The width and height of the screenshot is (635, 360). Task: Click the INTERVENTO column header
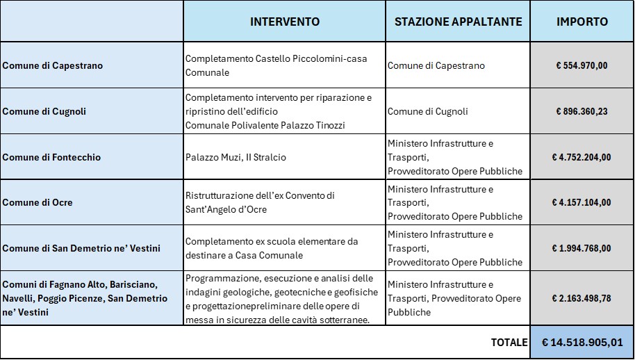click(285, 22)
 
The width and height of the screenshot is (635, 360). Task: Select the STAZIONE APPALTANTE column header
click(458, 22)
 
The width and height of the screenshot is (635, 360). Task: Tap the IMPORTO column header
click(582, 22)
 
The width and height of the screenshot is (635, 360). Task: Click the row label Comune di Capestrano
click(52, 65)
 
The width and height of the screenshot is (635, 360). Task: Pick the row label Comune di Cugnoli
click(44, 111)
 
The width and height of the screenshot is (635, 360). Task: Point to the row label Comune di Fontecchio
click(51, 157)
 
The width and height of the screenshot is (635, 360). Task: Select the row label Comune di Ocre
click(38, 203)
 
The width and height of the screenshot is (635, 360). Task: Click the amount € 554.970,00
click(582, 65)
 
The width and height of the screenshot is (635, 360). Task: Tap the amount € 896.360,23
click(582, 111)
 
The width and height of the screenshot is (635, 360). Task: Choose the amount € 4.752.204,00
click(582, 157)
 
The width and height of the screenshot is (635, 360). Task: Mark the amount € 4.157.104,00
click(582, 203)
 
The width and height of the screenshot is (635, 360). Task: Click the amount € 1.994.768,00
click(582, 248)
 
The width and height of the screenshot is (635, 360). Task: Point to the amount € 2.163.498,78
click(582, 298)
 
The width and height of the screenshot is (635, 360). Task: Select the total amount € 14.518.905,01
click(582, 343)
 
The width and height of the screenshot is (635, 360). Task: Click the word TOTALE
click(509, 343)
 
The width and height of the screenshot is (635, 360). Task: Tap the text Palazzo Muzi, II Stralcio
click(236, 157)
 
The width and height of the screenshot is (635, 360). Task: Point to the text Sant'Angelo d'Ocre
click(226, 210)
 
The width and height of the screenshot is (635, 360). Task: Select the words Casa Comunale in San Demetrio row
click(270, 255)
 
